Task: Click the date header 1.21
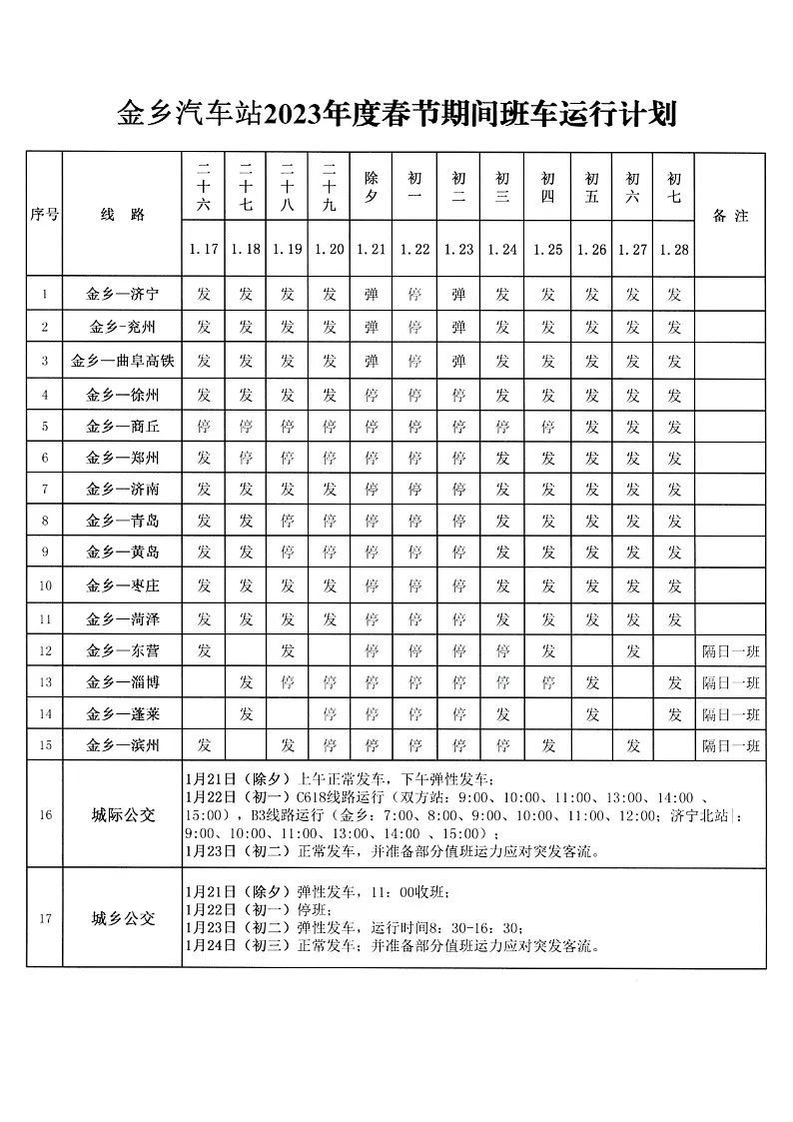point(371,250)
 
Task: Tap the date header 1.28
point(674,250)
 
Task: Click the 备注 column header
point(730,215)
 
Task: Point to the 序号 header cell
point(45,215)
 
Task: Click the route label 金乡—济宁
point(123,295)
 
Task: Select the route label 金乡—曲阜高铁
point(123,361)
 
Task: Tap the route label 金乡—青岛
point(123,521)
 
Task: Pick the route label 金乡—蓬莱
point(123,714)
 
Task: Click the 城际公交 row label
point(123,814)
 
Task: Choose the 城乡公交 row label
point(123,918)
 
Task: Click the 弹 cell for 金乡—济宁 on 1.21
point(371,295)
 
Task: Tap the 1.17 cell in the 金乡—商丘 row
point(204,426)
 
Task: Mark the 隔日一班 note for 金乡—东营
point(730,651)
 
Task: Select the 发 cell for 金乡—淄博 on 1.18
point(246,683)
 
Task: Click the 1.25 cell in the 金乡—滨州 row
point(547,745)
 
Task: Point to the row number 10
point(45,585)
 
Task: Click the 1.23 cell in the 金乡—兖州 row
point(458,327)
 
